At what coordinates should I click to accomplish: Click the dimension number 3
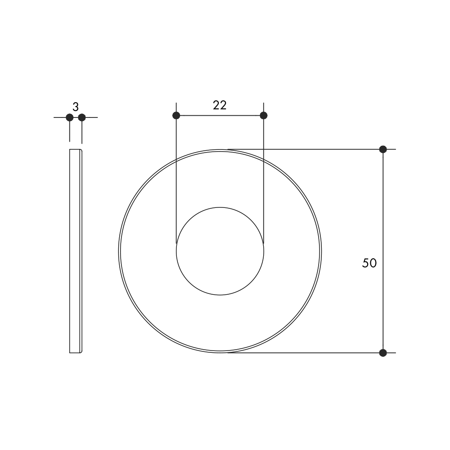click(x=76, y=107)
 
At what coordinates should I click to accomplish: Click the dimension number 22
click(x=220, y=105)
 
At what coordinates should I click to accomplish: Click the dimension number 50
click(x=369, y=263)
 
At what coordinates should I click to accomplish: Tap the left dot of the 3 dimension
click(x=69, y=117)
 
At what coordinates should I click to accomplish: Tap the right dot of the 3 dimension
click(x=82, y=117)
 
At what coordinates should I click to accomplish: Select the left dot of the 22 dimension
click(x=176, y=115)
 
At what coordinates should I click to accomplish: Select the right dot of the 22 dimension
click(x=263, y=115)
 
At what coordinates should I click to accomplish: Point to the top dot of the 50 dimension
click(x=383, y=149)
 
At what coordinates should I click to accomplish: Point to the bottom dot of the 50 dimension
click(x=383, y=353)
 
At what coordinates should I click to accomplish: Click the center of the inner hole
click(x=220, y=251)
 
